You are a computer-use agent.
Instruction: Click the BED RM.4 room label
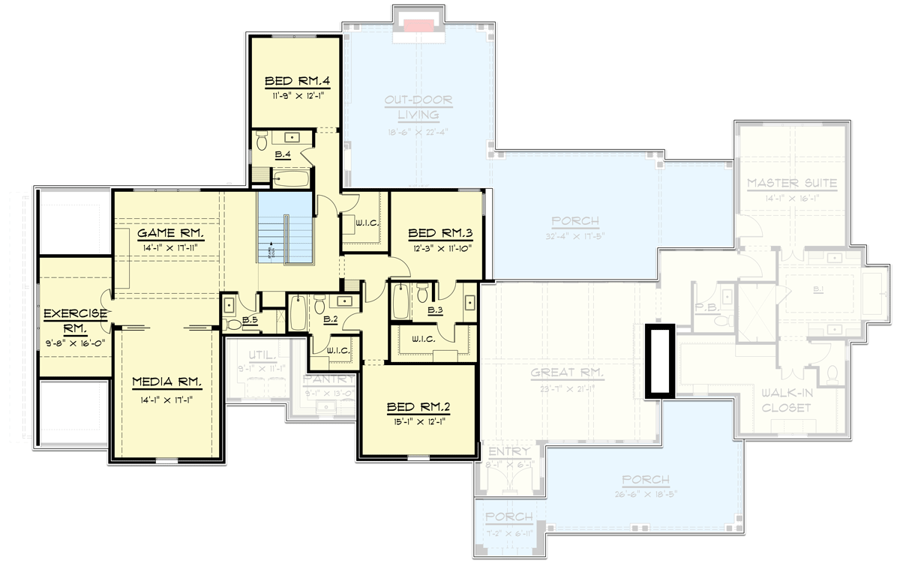pos(294,82)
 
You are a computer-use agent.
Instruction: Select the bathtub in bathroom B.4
pos(291,178)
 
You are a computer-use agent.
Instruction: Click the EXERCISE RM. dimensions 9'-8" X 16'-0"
pos(73,343)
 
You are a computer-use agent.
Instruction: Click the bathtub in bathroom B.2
pos(297,314)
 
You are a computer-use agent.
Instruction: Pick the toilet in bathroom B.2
pos(319,304)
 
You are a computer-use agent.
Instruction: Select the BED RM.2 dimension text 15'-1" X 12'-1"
pos(418,421)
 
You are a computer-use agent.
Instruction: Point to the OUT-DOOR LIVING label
pos(418,106)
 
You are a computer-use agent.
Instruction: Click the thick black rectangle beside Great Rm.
pos(661,361)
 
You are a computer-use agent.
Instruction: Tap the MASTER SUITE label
pos(791,183)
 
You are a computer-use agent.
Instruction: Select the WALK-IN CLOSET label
pos(784,400)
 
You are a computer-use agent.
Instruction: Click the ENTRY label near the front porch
pos(509,452)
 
